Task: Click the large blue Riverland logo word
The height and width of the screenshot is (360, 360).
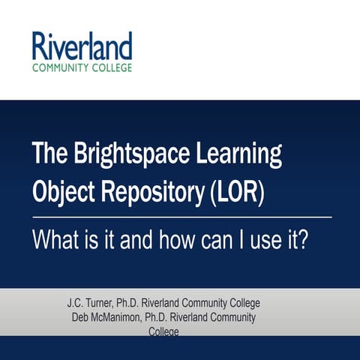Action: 82,46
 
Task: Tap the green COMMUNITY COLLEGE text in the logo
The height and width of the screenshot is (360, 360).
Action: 82,67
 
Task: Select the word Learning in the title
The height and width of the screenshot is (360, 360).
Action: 238,154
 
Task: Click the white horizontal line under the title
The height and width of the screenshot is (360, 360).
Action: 180,217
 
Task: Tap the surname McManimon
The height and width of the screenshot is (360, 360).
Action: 121,317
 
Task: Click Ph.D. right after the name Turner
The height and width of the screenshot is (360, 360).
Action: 141,304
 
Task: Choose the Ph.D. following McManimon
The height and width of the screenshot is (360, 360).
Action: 168,317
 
